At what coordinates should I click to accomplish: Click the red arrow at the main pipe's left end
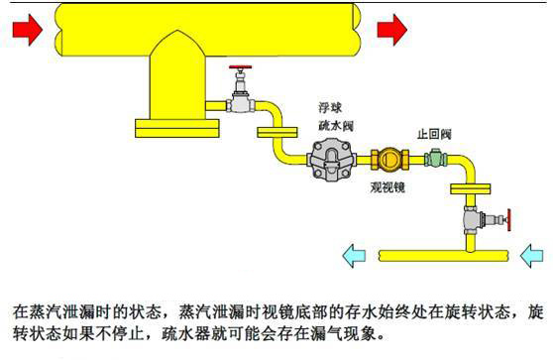[x=28, y=30]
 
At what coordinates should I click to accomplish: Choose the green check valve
[x=434, y=159]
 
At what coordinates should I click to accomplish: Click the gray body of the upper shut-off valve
[x=238, y=99]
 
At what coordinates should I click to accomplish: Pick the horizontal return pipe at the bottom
[x=446, y=257]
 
